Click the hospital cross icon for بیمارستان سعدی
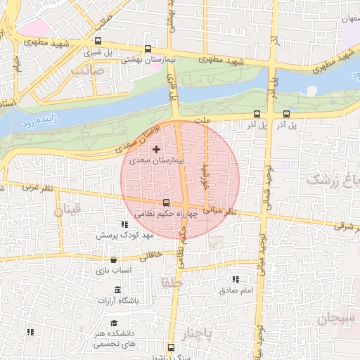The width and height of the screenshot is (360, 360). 155,149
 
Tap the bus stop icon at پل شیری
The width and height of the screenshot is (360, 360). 98,41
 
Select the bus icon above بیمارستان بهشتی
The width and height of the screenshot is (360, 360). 147,49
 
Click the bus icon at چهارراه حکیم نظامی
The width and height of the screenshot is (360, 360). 166,203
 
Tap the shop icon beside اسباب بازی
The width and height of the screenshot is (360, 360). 113,259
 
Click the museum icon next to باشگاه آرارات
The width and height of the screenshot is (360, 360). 117,290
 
